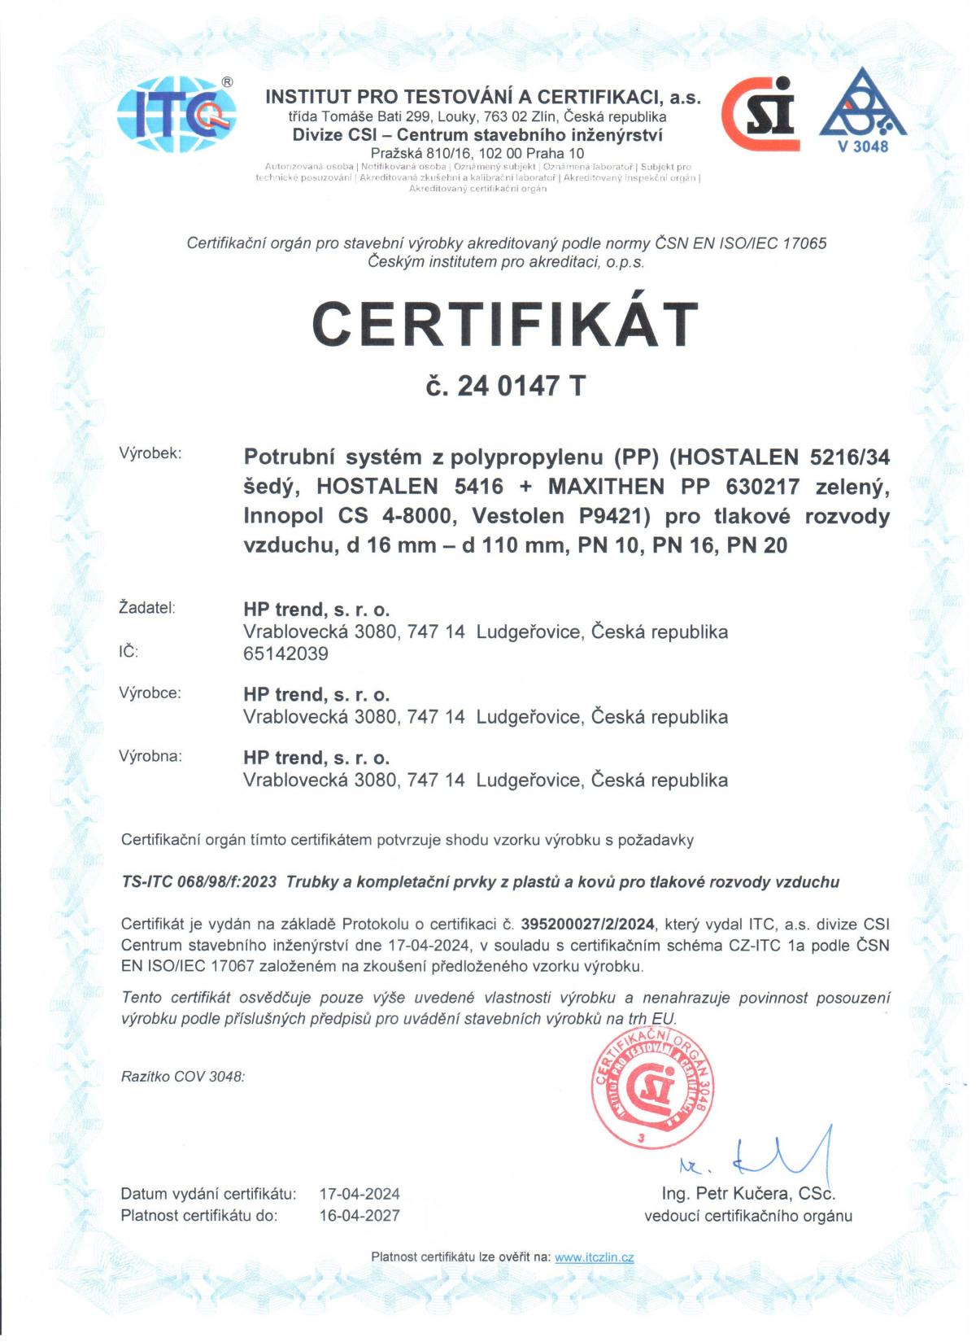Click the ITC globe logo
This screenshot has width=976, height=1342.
point(177,116)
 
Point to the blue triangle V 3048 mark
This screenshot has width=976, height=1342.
point(862,110)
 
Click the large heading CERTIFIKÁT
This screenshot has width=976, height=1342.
point(505,324)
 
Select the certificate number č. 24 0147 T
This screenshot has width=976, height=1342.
point(505,386)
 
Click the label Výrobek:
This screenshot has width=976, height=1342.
point(150,453)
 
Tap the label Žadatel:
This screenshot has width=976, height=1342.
point(147,607)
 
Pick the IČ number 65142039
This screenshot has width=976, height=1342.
point(285,654)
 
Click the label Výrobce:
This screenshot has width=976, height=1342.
point(150,693)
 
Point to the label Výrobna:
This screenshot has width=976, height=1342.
point(150,756)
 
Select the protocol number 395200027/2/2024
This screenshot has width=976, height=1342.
point(588,924)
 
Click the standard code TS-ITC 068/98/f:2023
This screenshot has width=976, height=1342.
point(199,881)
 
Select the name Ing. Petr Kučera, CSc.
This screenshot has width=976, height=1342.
point(748,1193)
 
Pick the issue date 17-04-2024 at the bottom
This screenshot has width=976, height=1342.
point(359,1194)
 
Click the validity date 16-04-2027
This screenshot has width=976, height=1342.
point(359,1215)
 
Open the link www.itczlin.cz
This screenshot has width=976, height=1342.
point(594,1257)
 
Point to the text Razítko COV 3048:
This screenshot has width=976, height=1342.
point(183,1076)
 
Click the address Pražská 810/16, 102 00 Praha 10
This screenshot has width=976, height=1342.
point(477,153)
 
